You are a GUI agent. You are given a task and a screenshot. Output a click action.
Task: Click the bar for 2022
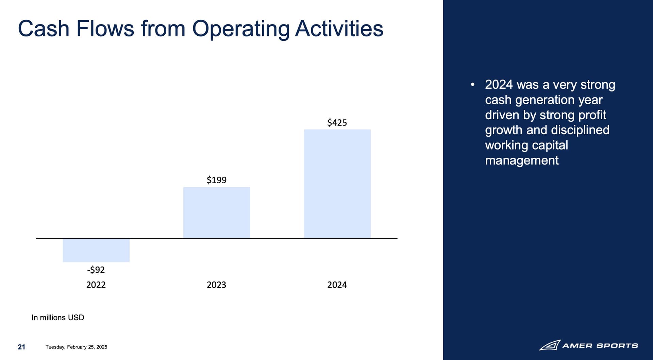[x=96, y=250]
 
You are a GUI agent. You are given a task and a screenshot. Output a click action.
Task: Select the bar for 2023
[x=217, y=212]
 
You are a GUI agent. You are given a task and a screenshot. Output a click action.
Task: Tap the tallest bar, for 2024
[x=337, y=184]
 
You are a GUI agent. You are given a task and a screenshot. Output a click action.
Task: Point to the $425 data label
[x=337, y=122]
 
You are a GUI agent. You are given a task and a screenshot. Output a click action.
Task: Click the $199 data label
[x=217, y=180]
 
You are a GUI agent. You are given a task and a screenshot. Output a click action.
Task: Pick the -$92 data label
[x=96, y=270]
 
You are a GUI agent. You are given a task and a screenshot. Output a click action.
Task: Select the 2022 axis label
[x=96, y=285]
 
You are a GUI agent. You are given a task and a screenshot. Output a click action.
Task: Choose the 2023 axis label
[x=217, y=285]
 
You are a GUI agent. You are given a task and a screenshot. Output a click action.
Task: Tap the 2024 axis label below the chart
[x=337, y=285]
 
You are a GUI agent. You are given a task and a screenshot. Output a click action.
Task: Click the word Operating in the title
[x=241, y=29]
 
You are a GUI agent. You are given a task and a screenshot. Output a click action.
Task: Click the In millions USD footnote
[x=58, y=318]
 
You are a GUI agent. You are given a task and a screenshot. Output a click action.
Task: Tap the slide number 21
[x=21, y=347]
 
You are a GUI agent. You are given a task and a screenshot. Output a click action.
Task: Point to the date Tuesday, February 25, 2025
[x=77, y=347]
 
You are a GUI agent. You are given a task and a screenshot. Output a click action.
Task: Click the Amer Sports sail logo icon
[x=550, y=345]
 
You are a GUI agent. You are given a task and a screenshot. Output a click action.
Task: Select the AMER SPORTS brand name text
[x=600, y=346]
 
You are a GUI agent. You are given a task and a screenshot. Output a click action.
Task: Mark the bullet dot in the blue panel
[x=472, y=85]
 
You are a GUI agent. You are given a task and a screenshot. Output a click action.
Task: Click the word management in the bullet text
[x=522, y=160]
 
